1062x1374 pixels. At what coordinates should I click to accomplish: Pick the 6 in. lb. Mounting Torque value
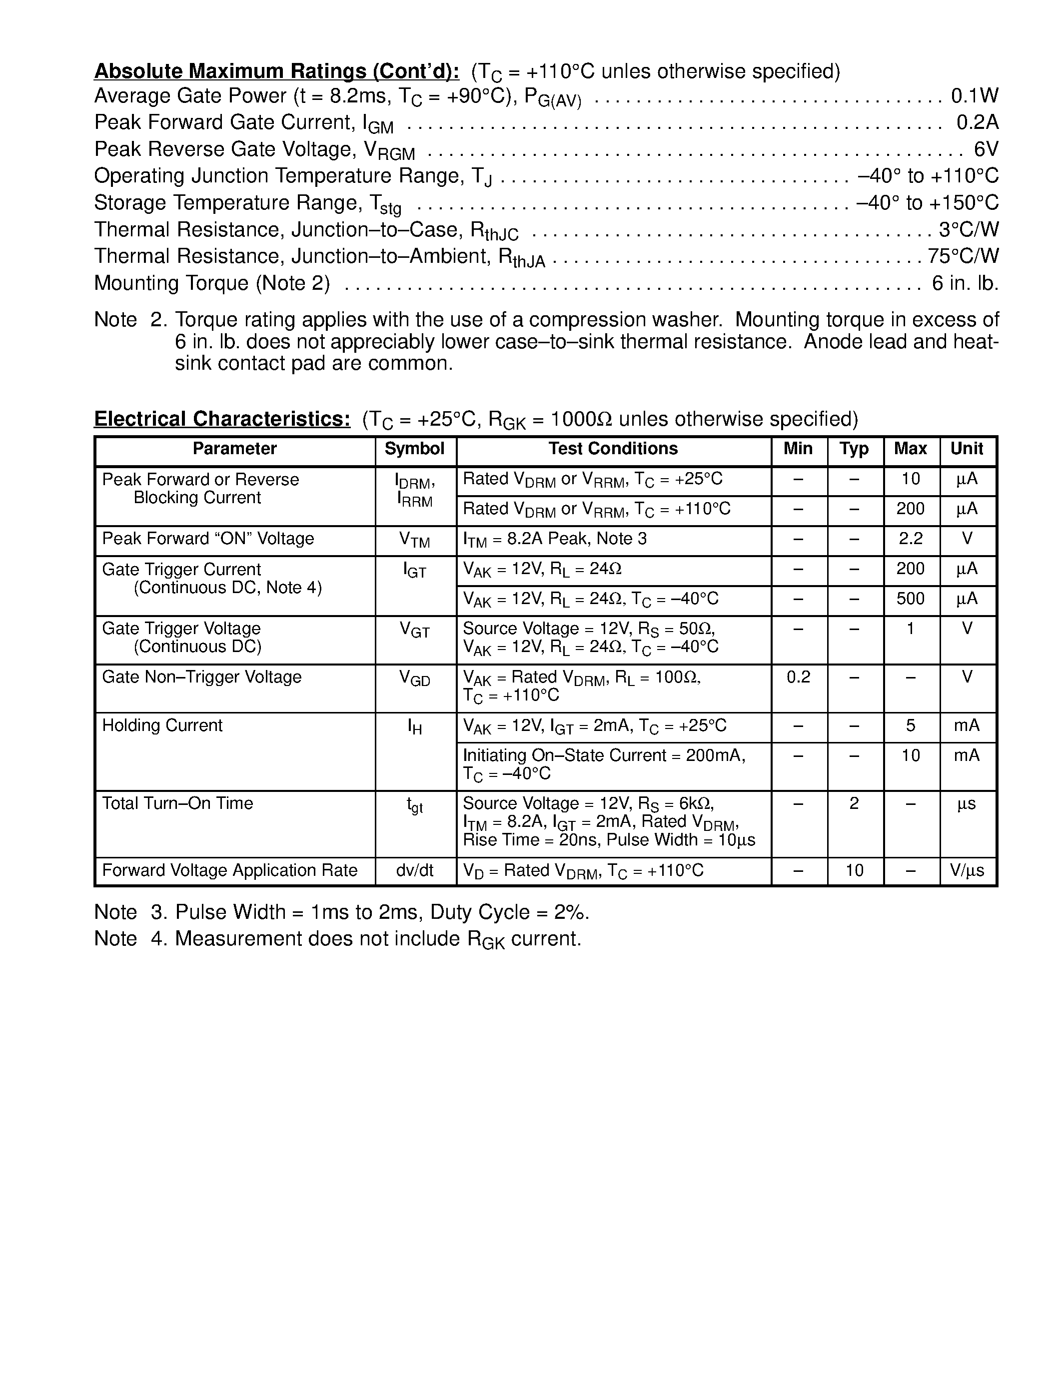click(x=965, y=284)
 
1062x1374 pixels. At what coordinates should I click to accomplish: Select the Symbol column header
click(x=415, y=449)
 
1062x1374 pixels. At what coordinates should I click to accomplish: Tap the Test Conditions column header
click(x=613, y=449)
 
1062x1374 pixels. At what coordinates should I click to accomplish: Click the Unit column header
click(x=967, y=449)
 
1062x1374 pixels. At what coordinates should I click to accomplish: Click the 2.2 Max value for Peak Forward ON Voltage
click(x=911, y=539)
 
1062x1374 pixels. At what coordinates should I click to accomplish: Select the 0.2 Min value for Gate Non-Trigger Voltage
click(x=799, y=678)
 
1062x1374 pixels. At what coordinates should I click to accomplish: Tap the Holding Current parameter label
click(x=162, y=726)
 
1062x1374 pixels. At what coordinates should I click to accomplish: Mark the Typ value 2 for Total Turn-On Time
click(x=854, y=804)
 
